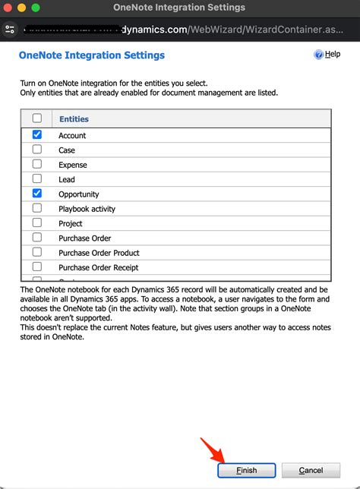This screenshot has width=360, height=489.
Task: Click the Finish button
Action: [246, 470]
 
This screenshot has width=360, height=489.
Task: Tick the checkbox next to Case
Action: [37, 150]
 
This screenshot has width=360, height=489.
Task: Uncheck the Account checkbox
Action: [37, 135]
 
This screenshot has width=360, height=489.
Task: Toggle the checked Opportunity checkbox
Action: [37, 194]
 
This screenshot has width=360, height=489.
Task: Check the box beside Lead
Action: [37, 179]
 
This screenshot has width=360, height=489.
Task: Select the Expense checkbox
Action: [37, 164]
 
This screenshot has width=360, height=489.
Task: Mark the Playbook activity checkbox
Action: [37, 208]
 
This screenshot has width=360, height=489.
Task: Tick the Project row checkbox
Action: [37, 223]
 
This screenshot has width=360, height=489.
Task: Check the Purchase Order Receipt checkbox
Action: [37, 267]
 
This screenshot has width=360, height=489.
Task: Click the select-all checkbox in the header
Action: [37, 118]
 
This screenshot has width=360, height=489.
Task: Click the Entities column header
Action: [74, 119]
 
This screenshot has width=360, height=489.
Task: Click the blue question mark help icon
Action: [318, 55]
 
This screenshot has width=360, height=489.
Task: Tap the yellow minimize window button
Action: [22, 8]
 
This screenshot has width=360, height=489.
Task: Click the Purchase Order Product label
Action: [99, 253]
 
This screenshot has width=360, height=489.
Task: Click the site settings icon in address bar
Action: [10, 30]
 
